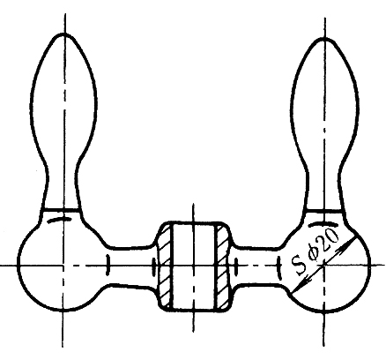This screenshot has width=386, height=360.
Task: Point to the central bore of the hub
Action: (194, 266)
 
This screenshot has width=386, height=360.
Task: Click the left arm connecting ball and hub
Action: (130, 266)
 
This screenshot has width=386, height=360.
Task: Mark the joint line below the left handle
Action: (61, 210)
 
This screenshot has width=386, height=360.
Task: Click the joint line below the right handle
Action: (324, 211)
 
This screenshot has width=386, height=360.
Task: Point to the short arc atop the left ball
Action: (59, 220)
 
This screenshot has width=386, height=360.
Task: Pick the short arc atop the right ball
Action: (323, 224)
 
